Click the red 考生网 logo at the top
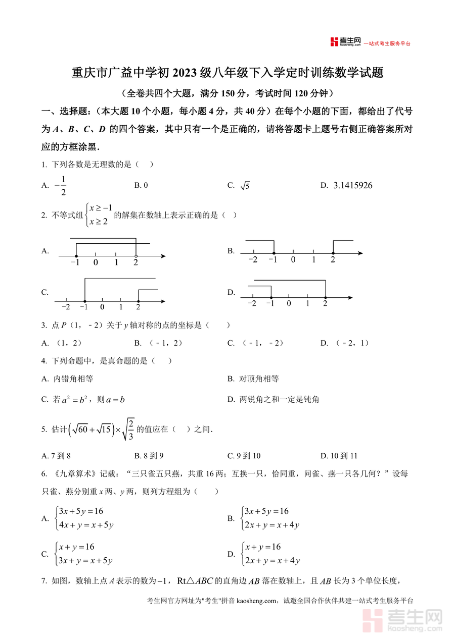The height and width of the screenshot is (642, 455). pos(345,42)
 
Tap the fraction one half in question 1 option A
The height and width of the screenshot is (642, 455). pos(63,185)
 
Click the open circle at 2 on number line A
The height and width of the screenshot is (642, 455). pos(135,256)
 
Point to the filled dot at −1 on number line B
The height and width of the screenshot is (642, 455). pos(274,252)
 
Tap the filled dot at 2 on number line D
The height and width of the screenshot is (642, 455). pos(325,298)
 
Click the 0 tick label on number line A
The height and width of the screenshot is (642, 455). pos(96,262)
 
